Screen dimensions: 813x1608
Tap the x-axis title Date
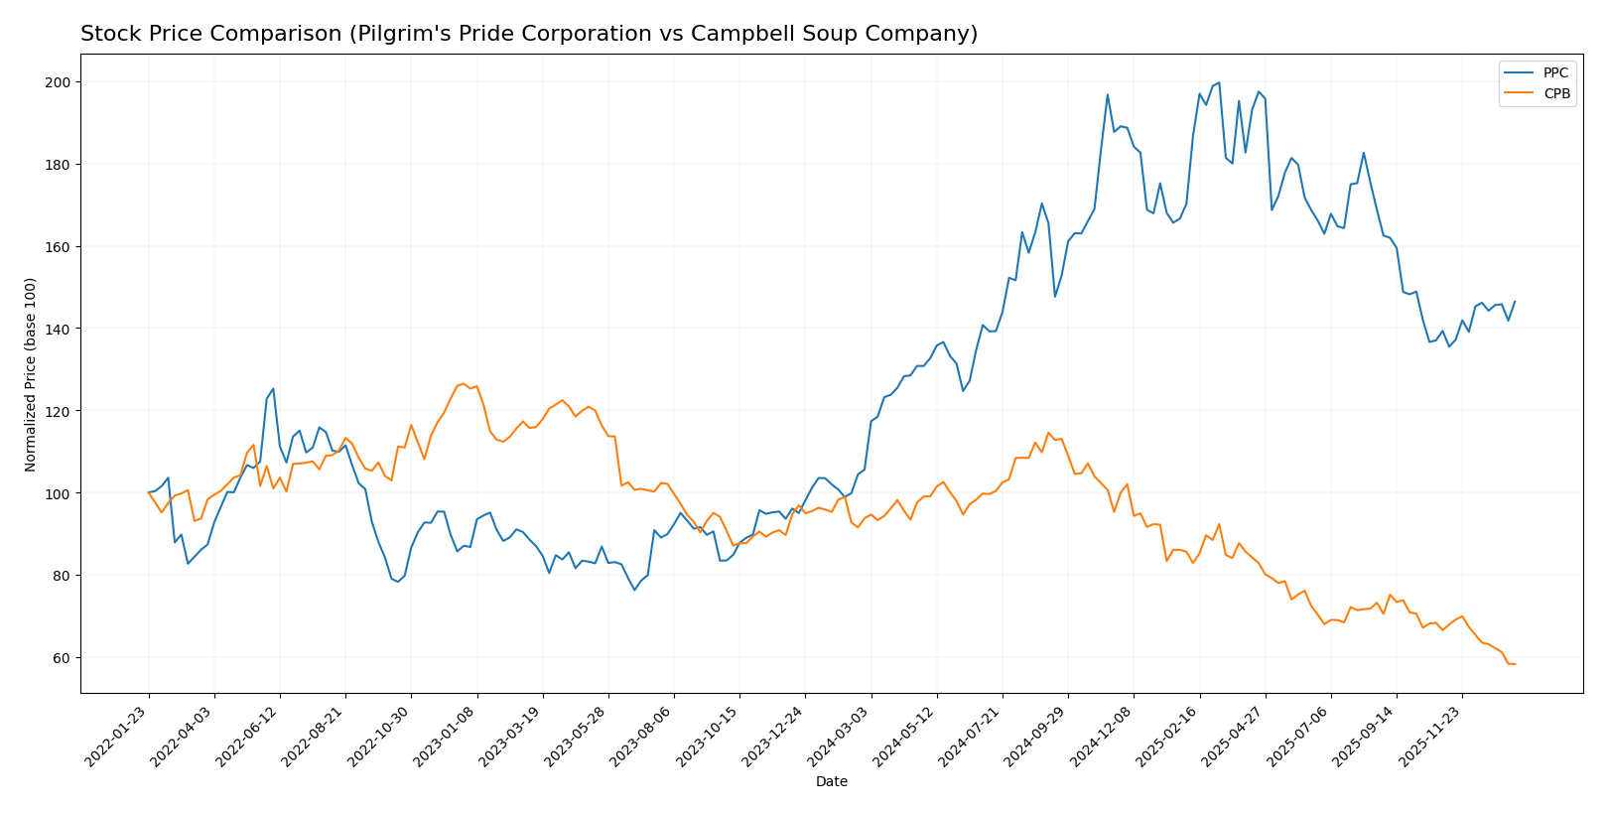(x=831, y=782)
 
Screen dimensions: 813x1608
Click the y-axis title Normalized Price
(x=31, y=374)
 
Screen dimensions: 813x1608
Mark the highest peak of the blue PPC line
(x=1218, y=83)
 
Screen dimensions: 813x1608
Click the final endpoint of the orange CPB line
(x=1515, y=664)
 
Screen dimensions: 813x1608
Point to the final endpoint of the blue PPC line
(x=1515, y=302)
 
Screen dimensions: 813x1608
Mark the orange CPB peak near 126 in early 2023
(x=464, y=383)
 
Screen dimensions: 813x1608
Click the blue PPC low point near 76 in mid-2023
(x=634, y=590)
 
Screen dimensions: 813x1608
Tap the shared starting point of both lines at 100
(x=149, y=492)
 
